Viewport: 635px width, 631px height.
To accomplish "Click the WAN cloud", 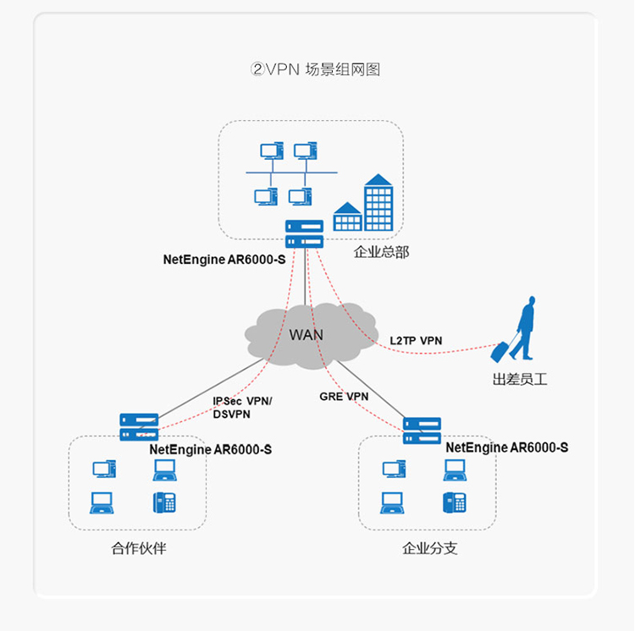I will click(x=306, y=334).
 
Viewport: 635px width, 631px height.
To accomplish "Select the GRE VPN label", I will click(x=344, y=396).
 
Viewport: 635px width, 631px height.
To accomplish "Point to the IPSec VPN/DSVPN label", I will click(x=242, y=408).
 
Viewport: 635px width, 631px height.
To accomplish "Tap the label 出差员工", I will click(x=520, y=380).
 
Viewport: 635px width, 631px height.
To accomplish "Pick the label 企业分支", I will click(x=430, y=548).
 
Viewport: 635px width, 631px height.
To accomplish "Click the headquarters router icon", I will click(x=305, y=233).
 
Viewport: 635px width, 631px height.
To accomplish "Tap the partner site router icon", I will click(x=140, y=426).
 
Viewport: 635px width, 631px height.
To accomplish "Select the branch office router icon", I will click(x=422, y=431).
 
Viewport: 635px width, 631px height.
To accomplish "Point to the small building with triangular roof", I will click(x=347, y=217).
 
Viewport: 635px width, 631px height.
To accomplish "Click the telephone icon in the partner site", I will click(x=164, y=502).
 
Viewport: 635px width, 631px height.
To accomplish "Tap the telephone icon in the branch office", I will click(x=455, y=502).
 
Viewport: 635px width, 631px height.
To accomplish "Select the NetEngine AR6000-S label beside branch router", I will click(x=506, y=447).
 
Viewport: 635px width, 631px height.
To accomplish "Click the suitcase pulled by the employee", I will click(x=502, y=349).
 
